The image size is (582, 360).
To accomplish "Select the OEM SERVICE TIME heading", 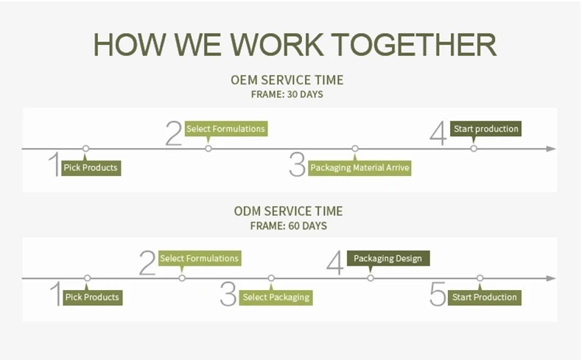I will [x=287, y=80].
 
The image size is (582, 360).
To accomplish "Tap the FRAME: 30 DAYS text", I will [x=287, y=94].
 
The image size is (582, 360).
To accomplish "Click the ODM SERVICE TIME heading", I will [x=288, y=211].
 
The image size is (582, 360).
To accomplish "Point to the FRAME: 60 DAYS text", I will [x=288, y=226].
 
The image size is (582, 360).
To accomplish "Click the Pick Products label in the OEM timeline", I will [x=90, y=168].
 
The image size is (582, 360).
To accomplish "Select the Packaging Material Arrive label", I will [x=360, y=168].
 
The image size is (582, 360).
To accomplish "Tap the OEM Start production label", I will [x=485, y=129].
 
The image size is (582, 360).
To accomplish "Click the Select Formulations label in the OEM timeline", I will [x=225, y=129].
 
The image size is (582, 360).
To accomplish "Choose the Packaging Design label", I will [x=388, y=258].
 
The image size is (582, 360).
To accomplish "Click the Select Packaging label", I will [x=276, y=297].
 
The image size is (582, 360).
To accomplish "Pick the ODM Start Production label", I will [x=484, y=297].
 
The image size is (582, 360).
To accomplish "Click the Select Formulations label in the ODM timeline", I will [x=199, y=258].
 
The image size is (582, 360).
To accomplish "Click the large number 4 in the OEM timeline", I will [x=438, y=134].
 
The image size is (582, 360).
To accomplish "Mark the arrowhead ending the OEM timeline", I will [x=550, y=149].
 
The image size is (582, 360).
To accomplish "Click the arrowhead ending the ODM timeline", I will [x=550, y=278].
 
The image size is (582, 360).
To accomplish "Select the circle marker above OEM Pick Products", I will [x=86, y=149].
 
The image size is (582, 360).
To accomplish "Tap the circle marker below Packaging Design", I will [x=371, y=278].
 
